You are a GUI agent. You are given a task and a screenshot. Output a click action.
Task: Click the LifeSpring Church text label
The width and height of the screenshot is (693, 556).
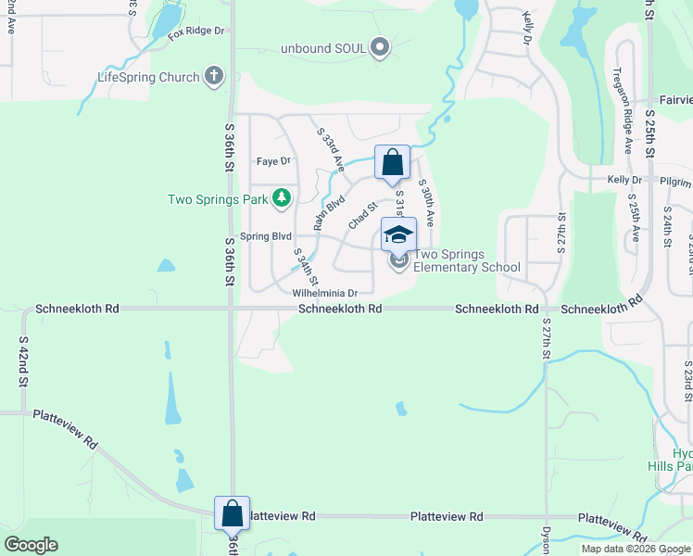(x=148, y=77)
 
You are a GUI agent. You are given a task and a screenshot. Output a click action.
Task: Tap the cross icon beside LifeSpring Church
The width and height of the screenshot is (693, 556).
(x=215, y=76)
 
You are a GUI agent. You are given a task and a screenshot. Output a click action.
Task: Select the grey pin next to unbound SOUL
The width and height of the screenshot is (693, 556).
(x=379, y=46)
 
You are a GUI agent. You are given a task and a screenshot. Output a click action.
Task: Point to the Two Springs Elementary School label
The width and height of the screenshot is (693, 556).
(x=467, y=260)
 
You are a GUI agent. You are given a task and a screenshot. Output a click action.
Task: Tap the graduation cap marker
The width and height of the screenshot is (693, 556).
(x=398, y=234)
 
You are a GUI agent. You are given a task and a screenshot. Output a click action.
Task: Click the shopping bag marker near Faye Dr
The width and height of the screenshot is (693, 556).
(x=392, y=162)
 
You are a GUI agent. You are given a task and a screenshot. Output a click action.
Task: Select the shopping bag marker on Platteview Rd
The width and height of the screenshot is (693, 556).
(x=232, y=512)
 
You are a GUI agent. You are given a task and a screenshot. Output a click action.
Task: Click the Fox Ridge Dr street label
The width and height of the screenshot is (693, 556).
(x=196, y=31)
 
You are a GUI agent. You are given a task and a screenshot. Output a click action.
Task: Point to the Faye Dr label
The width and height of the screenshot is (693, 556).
(x=273, y=160)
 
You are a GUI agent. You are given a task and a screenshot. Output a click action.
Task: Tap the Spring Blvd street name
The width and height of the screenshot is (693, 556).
(x=266, y=236)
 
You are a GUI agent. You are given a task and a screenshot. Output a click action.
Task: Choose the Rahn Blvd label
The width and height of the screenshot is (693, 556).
(x=329, y=211)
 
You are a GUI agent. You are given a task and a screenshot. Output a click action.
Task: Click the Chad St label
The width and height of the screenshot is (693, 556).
(x=362, y=217)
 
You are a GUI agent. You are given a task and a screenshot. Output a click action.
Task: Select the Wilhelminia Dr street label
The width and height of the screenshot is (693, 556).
(x=324, y=292)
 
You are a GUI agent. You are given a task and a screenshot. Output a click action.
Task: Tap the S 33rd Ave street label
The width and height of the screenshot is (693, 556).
(x=330, y=148)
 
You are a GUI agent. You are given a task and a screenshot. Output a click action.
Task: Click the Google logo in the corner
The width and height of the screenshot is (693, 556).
(x=31, y=545)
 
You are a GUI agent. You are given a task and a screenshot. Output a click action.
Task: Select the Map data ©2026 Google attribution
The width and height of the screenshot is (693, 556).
(x=635, y=549)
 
